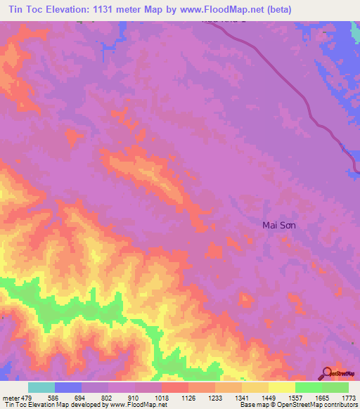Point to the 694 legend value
pos(82,397)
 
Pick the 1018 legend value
pos(162,397)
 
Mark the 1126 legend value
pos(188,397)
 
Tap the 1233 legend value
pos(215,397)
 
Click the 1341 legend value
pos(242,397)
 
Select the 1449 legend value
pos(269,397)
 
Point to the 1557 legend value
pos(295,397)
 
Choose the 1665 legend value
pos(322,397)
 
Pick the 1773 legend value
pos(348,397)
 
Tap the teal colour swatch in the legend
pos(41,387)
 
